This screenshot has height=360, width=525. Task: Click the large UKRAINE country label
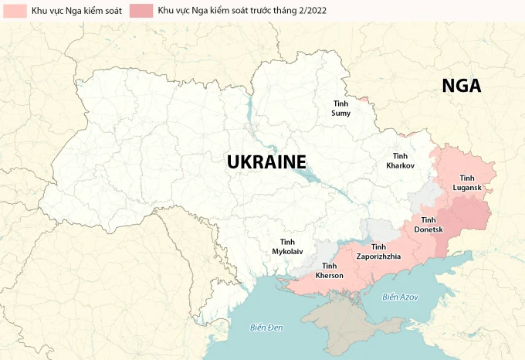266,161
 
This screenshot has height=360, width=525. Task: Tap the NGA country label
461,87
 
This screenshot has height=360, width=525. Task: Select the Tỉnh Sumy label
340,108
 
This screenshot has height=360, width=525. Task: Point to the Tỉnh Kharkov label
401,161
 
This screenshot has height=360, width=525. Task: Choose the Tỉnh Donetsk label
427,225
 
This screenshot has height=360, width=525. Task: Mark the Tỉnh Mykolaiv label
286,246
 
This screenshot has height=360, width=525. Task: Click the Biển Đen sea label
266,328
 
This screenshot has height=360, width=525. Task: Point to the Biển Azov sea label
400,297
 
